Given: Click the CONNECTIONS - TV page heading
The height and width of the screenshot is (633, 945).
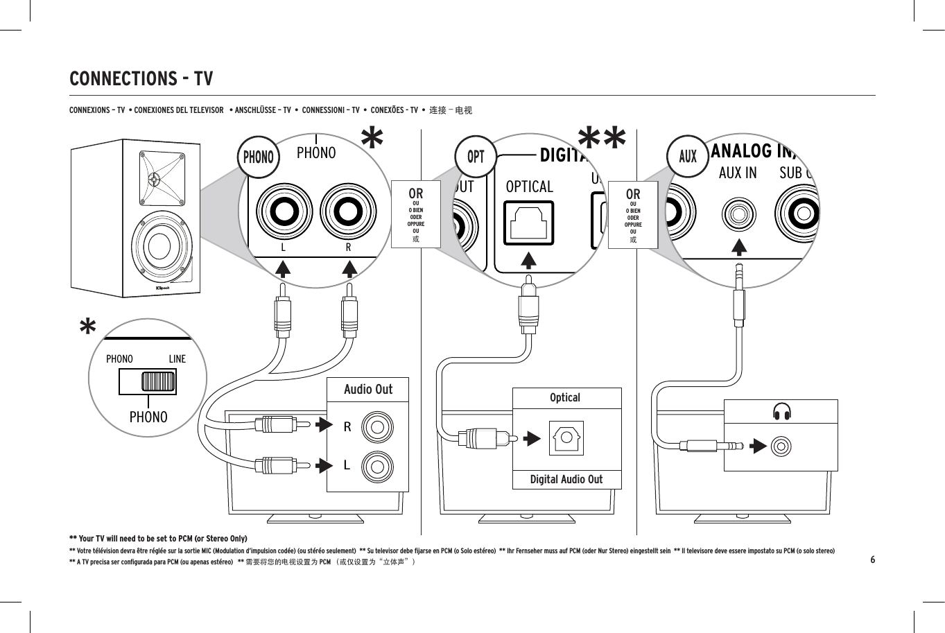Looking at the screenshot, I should click(x=141, y=78).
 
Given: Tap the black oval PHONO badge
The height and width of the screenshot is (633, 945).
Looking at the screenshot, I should click(x=258, y=157).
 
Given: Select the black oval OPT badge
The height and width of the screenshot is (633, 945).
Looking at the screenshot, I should click(x=476, y=157).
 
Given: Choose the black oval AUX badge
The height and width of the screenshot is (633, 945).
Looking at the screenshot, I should click(x=687, y=157).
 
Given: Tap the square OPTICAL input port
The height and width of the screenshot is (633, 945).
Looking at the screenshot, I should click(x=528, y=223).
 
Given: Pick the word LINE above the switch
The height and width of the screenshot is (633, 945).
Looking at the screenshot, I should click(x=177, y=359).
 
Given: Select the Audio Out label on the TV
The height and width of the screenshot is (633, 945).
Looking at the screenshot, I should click(x=368, y=390).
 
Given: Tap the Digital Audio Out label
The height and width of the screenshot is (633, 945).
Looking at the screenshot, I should click(x=566, y=480).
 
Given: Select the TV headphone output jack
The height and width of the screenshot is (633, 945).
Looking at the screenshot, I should click(x=781, y=446).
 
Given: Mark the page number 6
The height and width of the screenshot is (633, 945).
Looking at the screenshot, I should click(x=873, y=560).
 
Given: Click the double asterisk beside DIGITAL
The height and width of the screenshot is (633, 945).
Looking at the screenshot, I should click(x=602, y=139).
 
